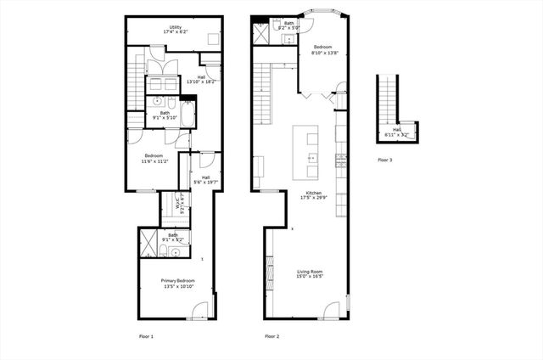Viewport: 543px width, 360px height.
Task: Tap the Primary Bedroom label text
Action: (178, 284)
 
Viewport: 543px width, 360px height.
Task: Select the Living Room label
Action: (310, 274)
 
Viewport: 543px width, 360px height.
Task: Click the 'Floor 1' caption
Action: (147, 336)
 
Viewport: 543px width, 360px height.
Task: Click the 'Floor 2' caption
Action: (271, 336)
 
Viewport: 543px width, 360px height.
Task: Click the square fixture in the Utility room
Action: (213, 42)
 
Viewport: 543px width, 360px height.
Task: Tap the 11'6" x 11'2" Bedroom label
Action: (154, 158)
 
